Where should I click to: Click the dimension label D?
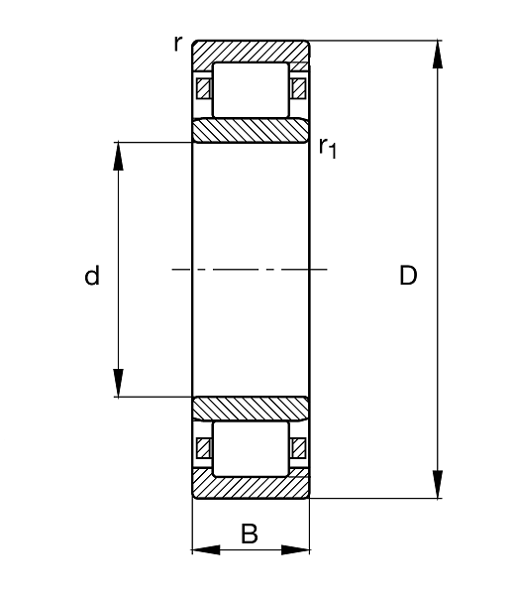(x=408, y=276)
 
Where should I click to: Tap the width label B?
(x=250, y=534)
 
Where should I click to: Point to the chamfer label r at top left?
(x=178, y=43)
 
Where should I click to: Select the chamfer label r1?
(x=328, y=148)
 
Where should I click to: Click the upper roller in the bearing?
(x=251, y=90)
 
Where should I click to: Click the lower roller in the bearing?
(x=251, y=448)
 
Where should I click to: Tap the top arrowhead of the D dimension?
(x=438, y=55)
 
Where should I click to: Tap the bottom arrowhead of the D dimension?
(x=438, y=484)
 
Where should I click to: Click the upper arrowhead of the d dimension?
(x=119, y=157)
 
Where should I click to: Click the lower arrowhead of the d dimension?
(x=119, y=383)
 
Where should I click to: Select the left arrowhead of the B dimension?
(x=206, y=549)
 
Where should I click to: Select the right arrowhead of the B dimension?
(x=295, y=549)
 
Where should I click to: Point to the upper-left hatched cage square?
(x=203, y=88)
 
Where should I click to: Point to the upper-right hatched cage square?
(x=298, y=88)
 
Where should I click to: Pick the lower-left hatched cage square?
(x=203, y=448)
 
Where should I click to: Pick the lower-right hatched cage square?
(x=298, y=448)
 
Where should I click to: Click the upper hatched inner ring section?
(x=251, y=131)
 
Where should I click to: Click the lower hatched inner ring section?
(x=251, y=409)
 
